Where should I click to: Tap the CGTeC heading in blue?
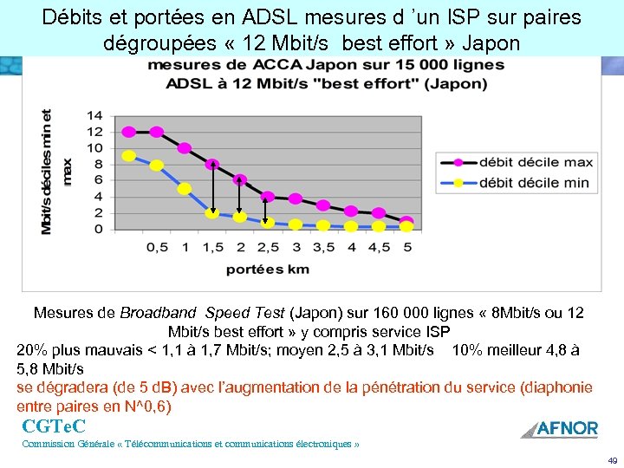click(x=54, y=426)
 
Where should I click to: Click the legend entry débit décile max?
click(x=534, y=162)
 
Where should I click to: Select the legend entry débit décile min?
click(x=534, y=182)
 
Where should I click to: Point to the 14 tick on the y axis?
click(x=94, y=115)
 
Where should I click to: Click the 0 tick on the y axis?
click(x=98, y=229)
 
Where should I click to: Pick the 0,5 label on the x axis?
click(x=157, y=247)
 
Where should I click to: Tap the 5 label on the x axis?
click(x=406, y=247)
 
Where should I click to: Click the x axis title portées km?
click(x=267, y=269)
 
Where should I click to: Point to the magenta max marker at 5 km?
click(x=406, y=222)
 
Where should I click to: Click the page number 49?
click(x=612, y=460)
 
